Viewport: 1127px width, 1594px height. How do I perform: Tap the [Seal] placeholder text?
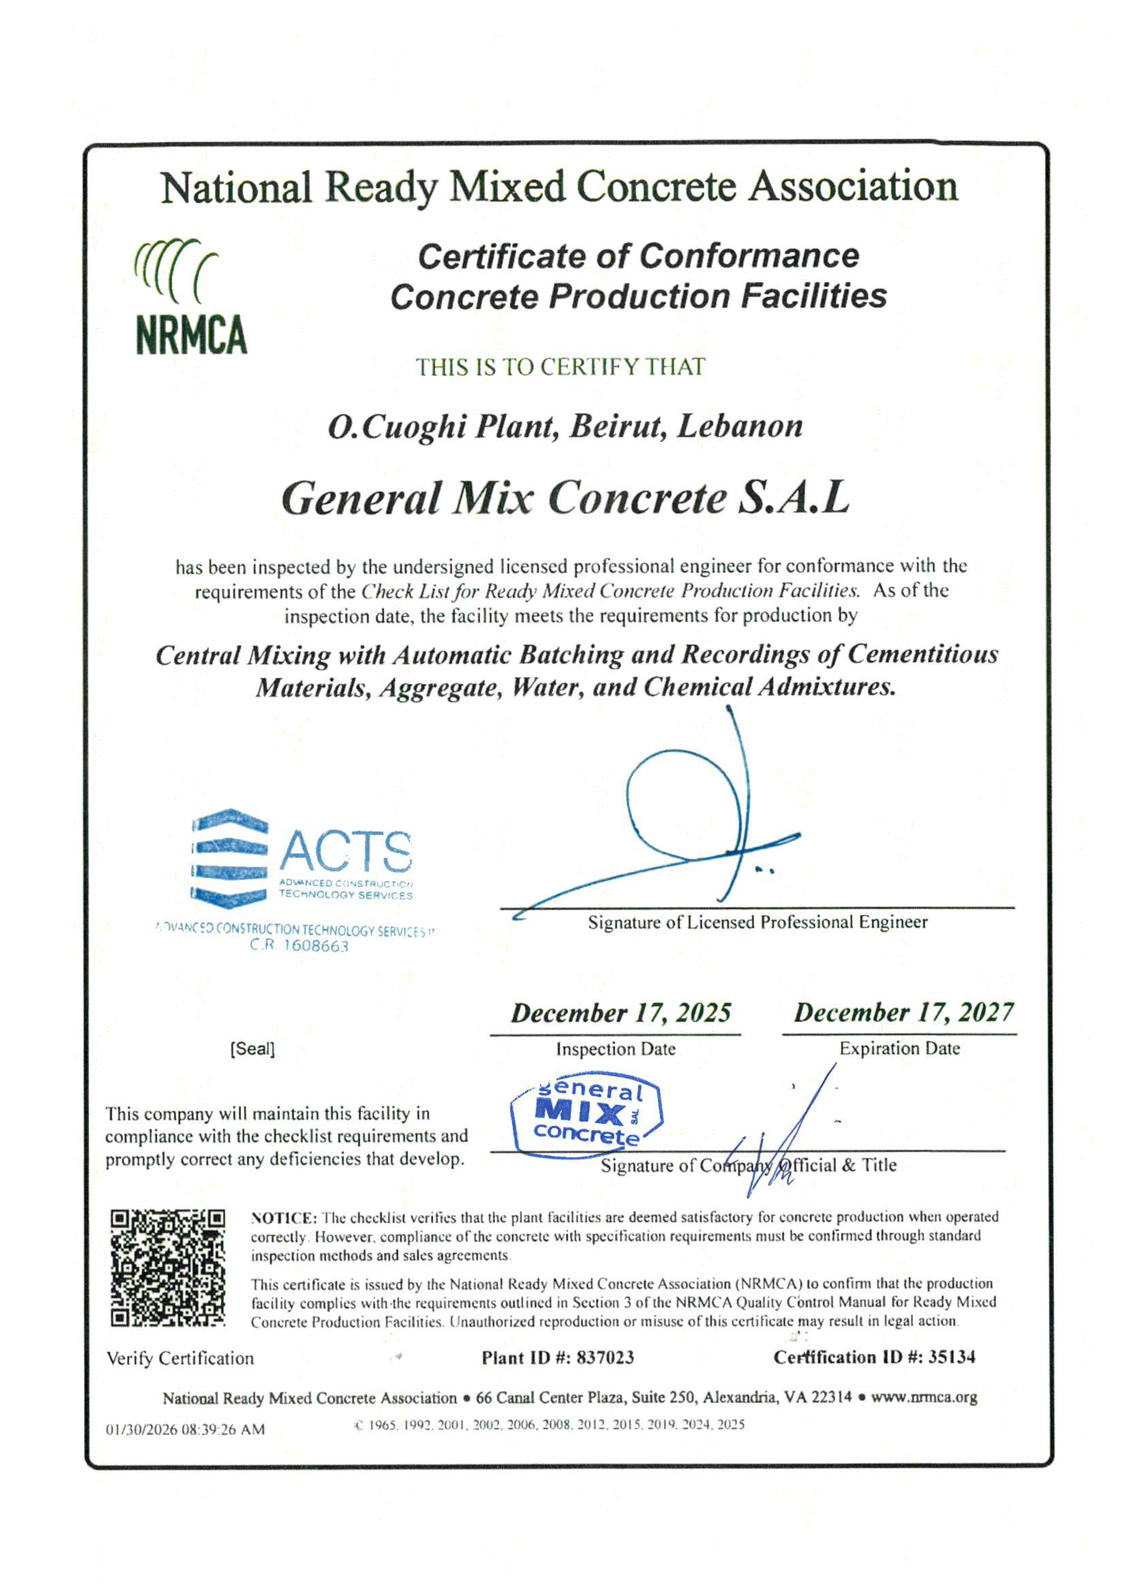[252, 1049]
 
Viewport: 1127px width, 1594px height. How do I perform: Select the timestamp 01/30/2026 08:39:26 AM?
[185, 1430]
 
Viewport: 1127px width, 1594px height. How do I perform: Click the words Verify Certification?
[180, 1359]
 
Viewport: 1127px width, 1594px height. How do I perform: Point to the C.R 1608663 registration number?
[299, 946]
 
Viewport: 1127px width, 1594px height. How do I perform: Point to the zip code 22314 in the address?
[831, 1398]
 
